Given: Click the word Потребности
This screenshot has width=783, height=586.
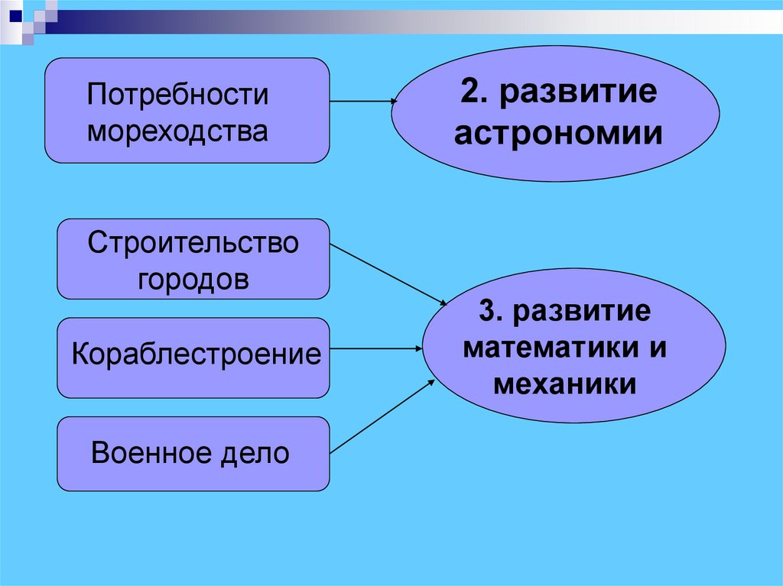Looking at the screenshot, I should click(x=177, y=96).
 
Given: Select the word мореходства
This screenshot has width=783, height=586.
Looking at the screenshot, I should click(x=177, y=131).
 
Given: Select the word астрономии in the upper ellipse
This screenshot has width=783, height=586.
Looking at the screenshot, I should click(x=558, y=134).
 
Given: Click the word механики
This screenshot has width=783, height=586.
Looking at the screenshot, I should click(x=564, y=382).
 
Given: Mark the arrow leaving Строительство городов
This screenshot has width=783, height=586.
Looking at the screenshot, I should click(x=388, y=273).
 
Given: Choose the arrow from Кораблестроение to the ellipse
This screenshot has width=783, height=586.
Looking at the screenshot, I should click(x=375, y=348).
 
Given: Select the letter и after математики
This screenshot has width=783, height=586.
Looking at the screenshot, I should click(x=659, y=348).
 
